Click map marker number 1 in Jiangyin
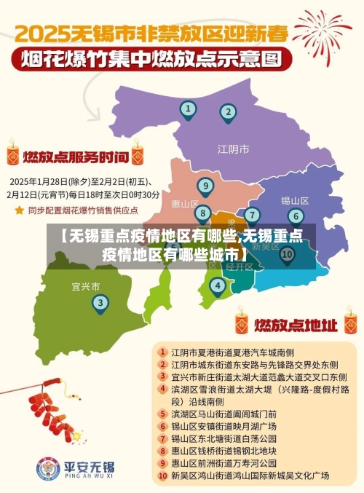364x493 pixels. point(189,110)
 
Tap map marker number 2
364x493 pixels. point(228,112)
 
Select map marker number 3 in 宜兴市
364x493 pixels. point(100,303)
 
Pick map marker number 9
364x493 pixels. point(206,186)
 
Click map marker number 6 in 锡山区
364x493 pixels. point(295,216)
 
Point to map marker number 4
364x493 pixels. point(217,285)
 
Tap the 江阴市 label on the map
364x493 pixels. point(233,149)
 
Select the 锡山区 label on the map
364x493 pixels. point(295,200)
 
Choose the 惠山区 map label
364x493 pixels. point(185,204)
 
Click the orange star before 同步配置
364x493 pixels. point(19,210)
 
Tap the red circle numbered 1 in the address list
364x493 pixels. point(162,351)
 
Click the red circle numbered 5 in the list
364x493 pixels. point(162,413)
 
